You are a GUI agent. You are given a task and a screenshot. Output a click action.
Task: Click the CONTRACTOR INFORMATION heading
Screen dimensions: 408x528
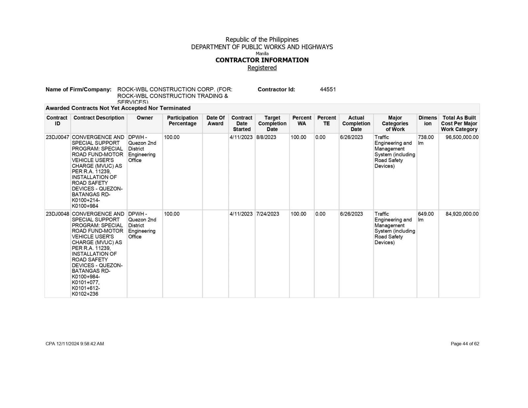pos(262,60)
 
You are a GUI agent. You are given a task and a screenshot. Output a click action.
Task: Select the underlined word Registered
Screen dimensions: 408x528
pos(262,68)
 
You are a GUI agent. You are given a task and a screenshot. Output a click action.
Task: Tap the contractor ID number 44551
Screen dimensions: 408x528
pos(328,89)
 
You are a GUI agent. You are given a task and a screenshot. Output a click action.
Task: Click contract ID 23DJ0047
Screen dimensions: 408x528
pos(57,137)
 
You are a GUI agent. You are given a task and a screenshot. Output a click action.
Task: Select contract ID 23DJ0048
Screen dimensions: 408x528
pos(57,214)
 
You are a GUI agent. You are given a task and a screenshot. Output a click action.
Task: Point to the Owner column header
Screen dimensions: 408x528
pos(145,118)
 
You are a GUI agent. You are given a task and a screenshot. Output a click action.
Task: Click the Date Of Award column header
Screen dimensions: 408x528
pos(215,120)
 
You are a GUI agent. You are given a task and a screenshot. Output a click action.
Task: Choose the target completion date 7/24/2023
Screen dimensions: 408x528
pos(268,214)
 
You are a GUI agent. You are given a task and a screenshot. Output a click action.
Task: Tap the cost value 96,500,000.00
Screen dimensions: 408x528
pos(462,137)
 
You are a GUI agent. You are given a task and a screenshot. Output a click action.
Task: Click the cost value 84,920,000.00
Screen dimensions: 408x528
pos(462,214)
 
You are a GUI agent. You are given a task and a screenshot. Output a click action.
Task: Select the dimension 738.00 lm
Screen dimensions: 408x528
pos(426,140)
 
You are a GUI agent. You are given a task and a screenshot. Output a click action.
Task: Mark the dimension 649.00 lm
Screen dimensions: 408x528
pos(426,217)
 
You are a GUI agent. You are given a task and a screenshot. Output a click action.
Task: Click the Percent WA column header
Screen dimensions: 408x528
pos(302,120)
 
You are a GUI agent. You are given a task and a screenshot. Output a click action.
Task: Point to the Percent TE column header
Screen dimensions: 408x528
pos(326,120)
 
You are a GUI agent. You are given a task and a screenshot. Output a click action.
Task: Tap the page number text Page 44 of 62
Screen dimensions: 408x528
pos(465,344)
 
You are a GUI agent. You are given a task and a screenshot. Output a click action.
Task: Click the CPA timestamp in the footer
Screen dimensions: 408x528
pos(75,344)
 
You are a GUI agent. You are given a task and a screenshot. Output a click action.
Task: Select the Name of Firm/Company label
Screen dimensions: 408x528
pos(79,89)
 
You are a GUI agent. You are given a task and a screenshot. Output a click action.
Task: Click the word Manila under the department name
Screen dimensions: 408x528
pos(262,53)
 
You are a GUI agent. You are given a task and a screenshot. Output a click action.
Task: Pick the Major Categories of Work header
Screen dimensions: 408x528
pos(395,123)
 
